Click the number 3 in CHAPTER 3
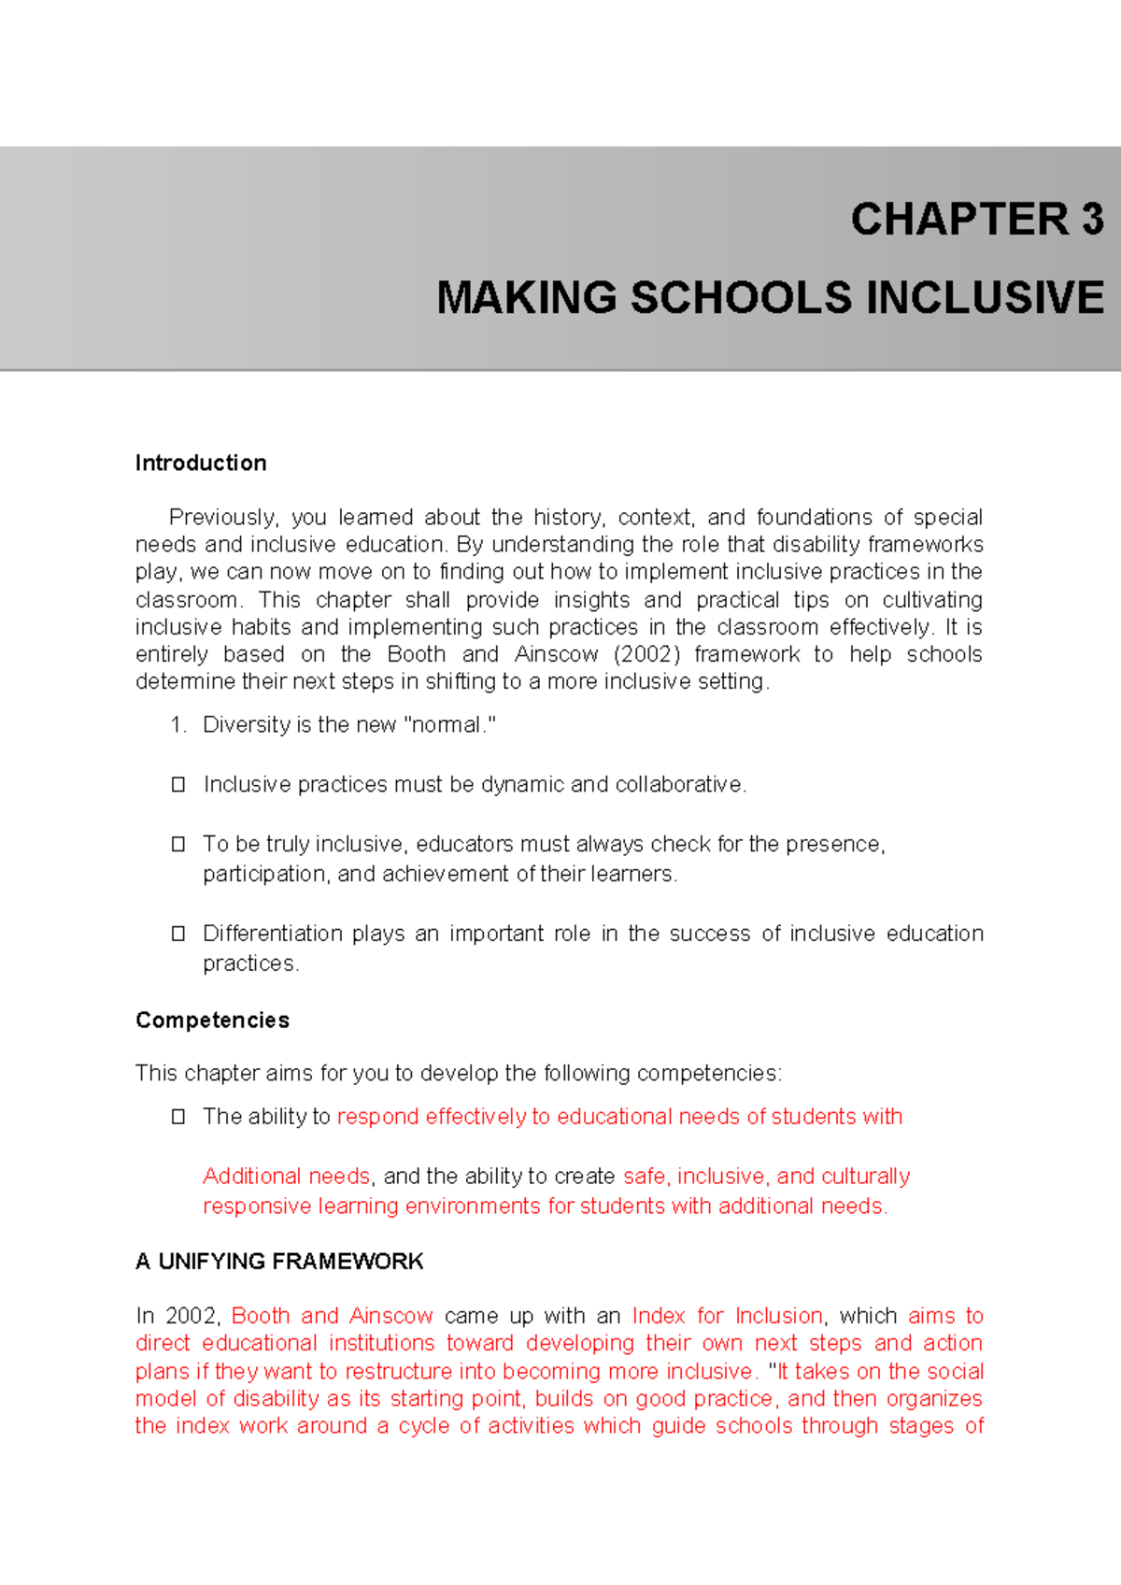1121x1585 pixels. pos(1092,220)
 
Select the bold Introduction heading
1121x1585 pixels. pos(201,464)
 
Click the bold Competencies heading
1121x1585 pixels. pos(212,1021)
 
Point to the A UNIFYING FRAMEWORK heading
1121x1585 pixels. pos(279,1262)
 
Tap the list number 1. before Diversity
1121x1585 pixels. pos(178,725)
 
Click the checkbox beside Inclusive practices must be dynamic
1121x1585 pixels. pos(178,785)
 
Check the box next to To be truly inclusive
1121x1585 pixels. pos(178,845)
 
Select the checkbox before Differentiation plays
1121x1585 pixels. pos(178,934)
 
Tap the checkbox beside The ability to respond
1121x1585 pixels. pos(178,1117)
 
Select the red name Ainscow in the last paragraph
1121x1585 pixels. pos(390,1316)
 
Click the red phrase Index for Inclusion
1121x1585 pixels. pos(728,1316)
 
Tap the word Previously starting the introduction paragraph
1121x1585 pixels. pos(222,518)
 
